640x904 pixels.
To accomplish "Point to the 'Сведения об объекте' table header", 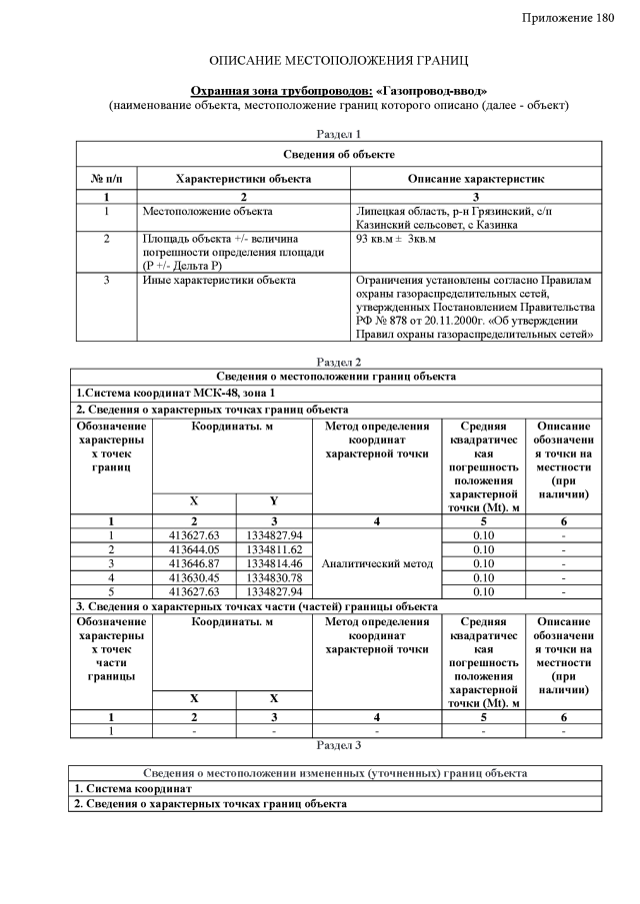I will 338,154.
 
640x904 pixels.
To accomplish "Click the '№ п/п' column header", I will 106,179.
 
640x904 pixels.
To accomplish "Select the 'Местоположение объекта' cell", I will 207,211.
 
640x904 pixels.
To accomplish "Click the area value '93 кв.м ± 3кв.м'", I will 396,240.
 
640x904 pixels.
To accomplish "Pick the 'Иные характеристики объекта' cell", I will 218,281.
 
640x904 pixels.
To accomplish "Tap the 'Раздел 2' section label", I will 338,362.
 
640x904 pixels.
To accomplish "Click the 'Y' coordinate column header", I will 273,500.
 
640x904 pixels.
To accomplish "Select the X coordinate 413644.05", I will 194,549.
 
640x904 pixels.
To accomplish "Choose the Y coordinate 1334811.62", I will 273,549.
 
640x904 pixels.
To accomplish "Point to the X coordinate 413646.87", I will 194,563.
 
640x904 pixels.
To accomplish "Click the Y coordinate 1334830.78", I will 273,577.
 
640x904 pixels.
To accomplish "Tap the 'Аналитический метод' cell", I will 377,563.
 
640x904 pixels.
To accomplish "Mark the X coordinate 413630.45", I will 194,577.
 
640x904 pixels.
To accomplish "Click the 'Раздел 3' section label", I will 338,744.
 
